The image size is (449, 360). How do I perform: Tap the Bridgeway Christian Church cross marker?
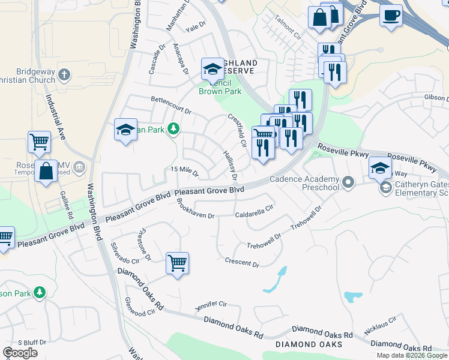[64, 75]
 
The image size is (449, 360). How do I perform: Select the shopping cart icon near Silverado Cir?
[177, 263]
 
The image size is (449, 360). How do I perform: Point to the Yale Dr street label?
[196, 28]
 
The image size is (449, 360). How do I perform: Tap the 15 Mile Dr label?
[185, 171]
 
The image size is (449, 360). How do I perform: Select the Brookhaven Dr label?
[195, 210]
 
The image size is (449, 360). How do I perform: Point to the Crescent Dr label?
[242, 262]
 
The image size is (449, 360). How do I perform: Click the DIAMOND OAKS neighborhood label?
[309, 344]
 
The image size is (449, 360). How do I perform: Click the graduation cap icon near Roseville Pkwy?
[380, 169]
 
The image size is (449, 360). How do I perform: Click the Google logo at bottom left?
[20, 352]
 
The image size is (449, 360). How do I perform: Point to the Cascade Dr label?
[153, 62]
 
